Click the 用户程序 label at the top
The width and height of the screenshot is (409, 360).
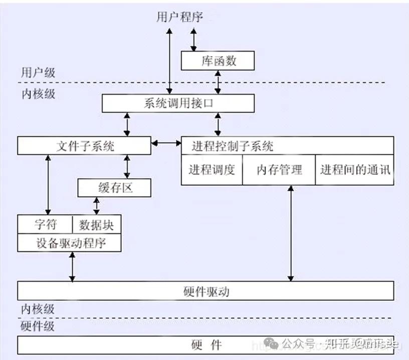(x=179, y=17)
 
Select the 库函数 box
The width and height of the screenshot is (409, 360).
(x=218, y=61)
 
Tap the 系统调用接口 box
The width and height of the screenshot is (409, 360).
(x=178, y=104)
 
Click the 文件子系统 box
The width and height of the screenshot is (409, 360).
(x=84, y=146)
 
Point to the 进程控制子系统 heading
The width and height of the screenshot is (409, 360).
(x=233, y=146)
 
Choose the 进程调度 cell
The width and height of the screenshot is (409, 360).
(x=212, y=170)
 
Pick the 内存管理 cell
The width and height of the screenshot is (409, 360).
(x=279, y=170)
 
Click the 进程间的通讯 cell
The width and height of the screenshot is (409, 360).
(x=355, y=170)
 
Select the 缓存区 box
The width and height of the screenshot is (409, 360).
(x=114, y=188)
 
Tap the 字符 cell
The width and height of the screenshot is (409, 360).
(x=46, y=224)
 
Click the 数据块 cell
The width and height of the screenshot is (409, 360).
(x=97, y=224)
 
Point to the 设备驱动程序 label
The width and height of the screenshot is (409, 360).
(x=70, y=243)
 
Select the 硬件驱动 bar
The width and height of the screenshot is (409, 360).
(x=206, y=291)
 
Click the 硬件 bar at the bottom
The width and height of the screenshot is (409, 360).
(x=206, y=344)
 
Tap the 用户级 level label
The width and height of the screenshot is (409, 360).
(x=38, y=72)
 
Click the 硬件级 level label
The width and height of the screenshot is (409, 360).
(x=38, y=326)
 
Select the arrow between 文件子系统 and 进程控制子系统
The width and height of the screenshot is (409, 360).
(x=166, y=144)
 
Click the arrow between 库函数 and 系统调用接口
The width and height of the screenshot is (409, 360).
(x=218, y=82)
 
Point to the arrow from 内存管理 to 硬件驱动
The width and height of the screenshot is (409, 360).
(x=291, y=233)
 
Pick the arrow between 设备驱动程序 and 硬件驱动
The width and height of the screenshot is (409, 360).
(x=73, y=267)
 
